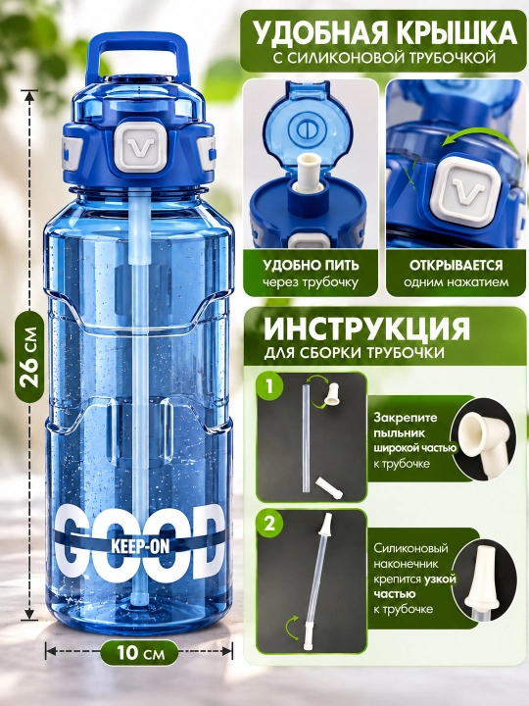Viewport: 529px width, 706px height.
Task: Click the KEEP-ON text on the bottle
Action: tap(140, 546)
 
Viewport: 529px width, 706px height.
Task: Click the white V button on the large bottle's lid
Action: tap(140, 145)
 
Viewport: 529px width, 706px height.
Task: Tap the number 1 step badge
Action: tap(269, 386)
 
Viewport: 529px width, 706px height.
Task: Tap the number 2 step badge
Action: tap(269, 524)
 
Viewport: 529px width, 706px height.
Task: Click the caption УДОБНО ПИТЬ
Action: tap(311, 265)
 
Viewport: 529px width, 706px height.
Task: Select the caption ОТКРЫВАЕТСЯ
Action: tap(457, 265)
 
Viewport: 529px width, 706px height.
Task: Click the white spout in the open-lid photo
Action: tap(309, 175)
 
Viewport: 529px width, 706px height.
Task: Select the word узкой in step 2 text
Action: tap(440, 579)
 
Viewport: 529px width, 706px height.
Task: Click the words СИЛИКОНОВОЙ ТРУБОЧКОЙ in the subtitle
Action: tap(391, 58)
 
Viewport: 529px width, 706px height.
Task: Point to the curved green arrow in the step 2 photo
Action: tap(292, 628)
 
